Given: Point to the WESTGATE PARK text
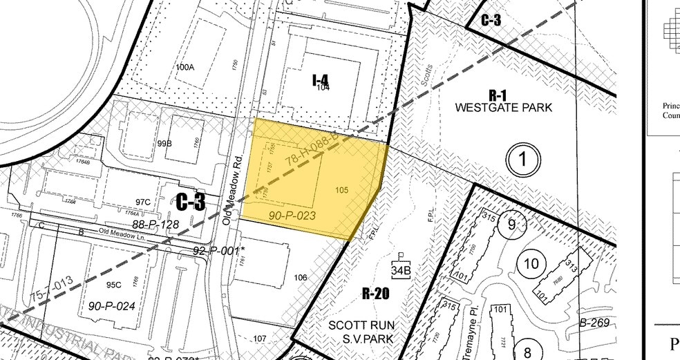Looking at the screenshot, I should click(x=504, y=108).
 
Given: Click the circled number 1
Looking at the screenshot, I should click(x=523, y=160).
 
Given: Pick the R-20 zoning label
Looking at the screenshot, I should click(x=376, y=294).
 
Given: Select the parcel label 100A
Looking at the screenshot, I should click(x=185, y=67).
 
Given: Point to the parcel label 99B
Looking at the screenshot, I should click(x=164, y=143).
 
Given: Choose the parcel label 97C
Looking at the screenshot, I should click(x=143, y=202).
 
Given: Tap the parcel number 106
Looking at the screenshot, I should click(x=300, y=278).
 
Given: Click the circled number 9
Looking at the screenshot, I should click(x=511, y=224).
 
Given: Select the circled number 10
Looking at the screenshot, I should click(x=531, y=264).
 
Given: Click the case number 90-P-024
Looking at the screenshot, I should click(x=110, y=305).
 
